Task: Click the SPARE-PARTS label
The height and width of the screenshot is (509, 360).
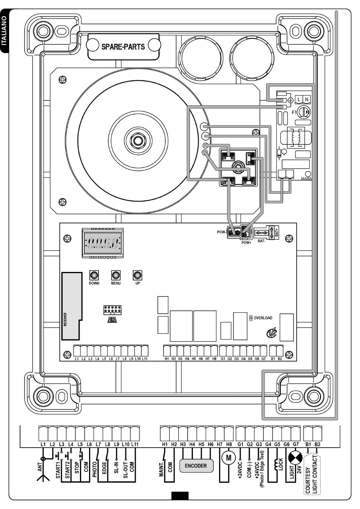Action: pyautogui.click(x=123, y=47)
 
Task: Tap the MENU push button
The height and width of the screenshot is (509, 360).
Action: pyautogui.click(x=116, y=275)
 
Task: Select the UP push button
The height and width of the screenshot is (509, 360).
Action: pyautogui.click(x=137, y=275)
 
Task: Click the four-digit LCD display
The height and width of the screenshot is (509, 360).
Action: pyautogui.click(x=103, y=243)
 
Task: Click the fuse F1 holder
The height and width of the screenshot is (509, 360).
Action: pyautogui.click(x=304, y=112)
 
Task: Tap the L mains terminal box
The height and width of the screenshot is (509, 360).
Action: pyautogui.click(x=299, y=100)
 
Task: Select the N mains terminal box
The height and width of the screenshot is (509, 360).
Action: pyautogui.click(x=307, y=100)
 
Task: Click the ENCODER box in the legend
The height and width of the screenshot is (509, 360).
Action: pyautogui.click(x=196, y=465)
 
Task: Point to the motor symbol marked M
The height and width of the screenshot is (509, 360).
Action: pyautogui.click(x=229, y=457)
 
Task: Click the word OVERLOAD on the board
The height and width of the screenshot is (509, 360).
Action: pyautogui.click(x=263, y=318)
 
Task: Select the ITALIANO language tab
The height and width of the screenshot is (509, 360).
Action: pyautogui.click(x=4, y=31)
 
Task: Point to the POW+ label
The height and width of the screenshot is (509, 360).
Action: pyautogui.click(x=246, y=243)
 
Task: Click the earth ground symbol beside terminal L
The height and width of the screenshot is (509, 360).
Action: pyautogui.click(x=290, y=100)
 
